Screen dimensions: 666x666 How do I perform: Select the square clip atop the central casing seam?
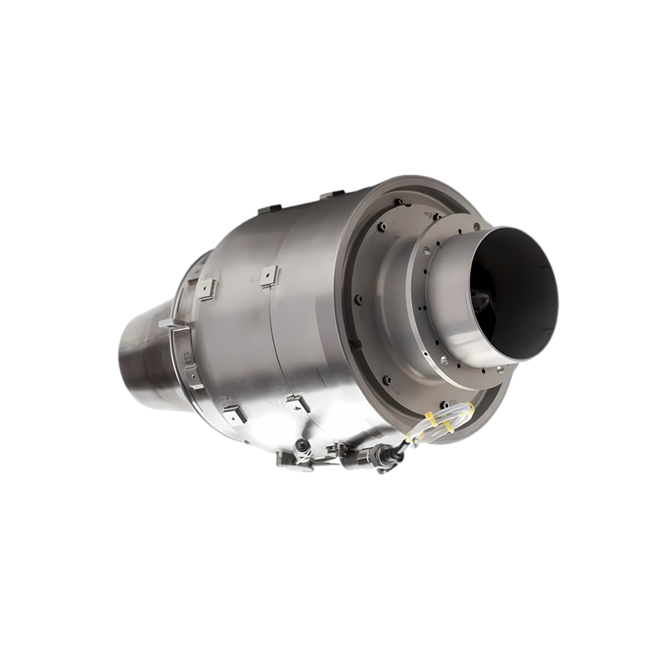[269, 274]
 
